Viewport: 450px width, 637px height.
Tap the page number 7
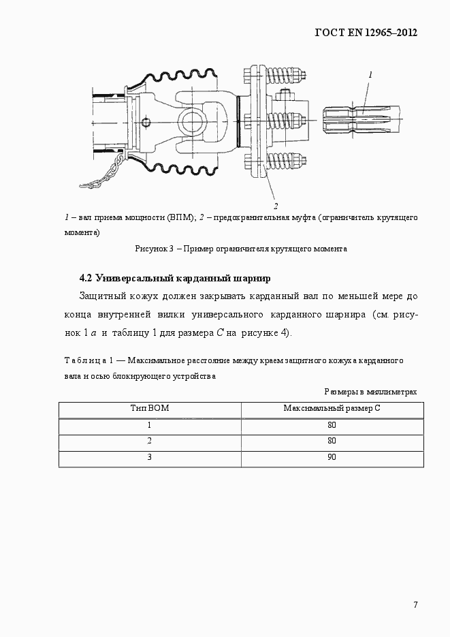(415, 605)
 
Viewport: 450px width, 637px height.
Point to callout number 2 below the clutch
(275, 205)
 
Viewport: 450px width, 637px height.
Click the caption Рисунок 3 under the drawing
(157, 249)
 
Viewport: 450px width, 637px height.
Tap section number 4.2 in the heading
(86, 279)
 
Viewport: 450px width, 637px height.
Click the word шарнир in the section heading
(253, 279)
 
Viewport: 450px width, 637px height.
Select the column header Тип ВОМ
(150, 408)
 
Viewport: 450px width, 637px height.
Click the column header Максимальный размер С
(332, 408)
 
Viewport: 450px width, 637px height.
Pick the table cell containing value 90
(332, 457)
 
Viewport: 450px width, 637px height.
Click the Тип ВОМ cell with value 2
(149, 441)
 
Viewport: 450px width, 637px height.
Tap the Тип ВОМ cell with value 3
(149, 457)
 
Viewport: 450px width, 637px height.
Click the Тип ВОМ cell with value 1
(149, 424)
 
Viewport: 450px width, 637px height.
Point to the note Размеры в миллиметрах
(370, 392)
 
